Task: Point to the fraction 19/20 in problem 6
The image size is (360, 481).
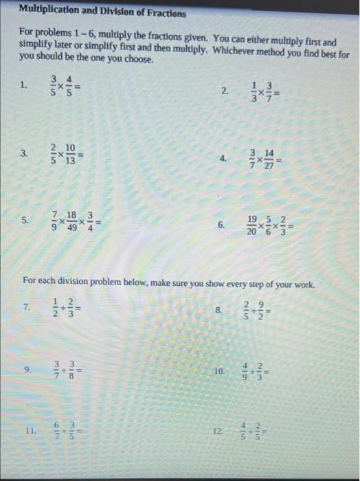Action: (252, 225)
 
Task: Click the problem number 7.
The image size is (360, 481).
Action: (27, 307)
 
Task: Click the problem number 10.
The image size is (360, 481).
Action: (218, 371)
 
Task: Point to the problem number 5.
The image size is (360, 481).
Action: (25, 221)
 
